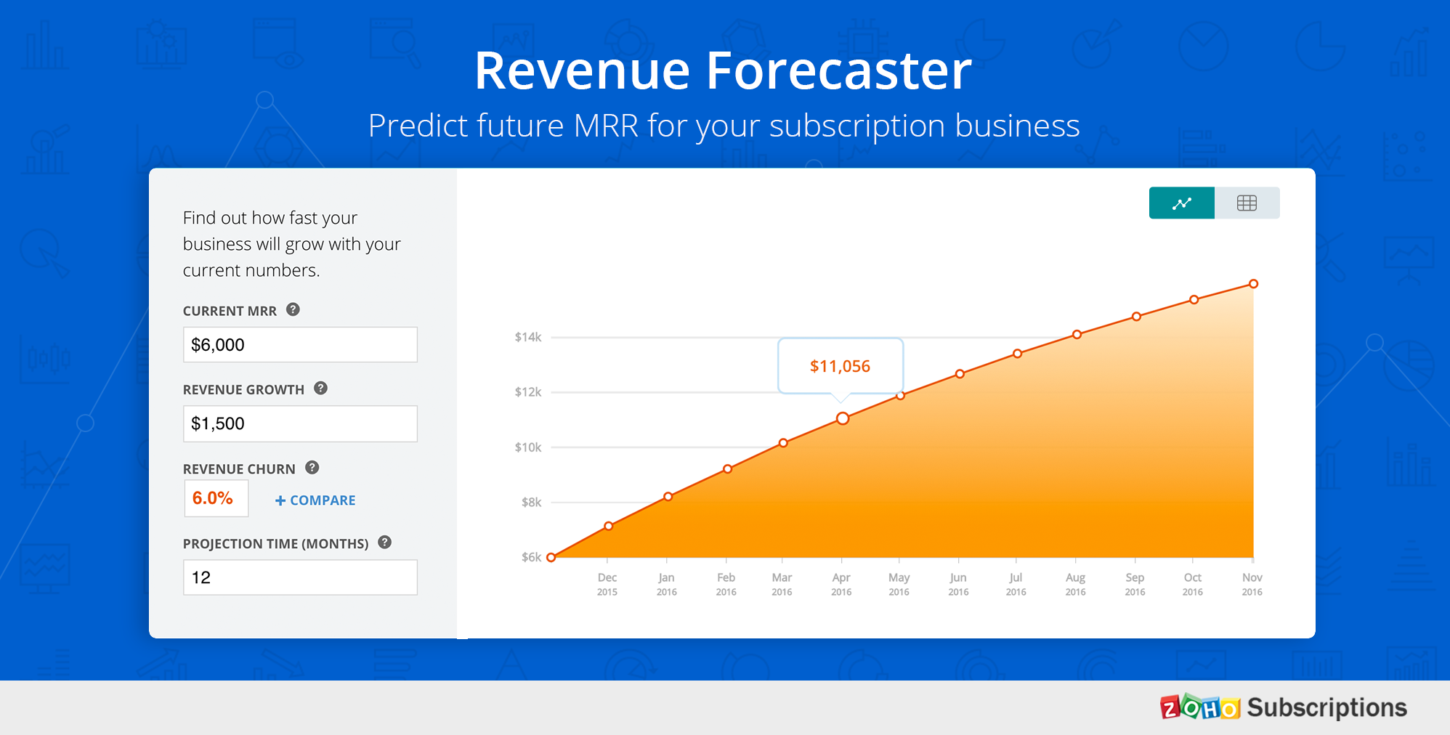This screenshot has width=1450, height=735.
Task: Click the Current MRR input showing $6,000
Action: pos(300,344)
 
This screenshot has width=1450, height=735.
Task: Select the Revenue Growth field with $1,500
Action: pos(300,423)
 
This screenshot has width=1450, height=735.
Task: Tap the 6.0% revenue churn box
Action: pos(216,498)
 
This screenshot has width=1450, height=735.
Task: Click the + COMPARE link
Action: pos(315,500)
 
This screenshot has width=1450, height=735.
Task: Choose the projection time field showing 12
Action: pos(300,577)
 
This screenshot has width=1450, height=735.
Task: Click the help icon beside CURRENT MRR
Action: pos(293,309)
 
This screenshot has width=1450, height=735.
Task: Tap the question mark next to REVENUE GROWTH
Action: pos(320,388)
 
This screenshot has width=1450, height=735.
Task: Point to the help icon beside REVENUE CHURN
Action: pos(312,468)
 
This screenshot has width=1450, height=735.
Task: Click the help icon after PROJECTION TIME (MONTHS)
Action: pos(385,542)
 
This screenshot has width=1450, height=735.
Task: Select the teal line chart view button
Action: pos(1181,203)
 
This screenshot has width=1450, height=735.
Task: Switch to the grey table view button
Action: pos(1247,203)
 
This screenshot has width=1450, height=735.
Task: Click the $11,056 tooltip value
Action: pos(840,366)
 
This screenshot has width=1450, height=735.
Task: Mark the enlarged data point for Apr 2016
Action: pos(843,418)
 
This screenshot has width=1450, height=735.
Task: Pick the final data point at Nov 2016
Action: pos(1253,284)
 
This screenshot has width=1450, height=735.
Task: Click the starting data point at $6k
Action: pos(551,558)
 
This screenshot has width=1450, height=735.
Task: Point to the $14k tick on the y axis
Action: pos(528,337)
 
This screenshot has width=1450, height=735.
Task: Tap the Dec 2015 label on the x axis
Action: pos(607,584)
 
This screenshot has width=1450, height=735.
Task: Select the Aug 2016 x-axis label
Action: pos(1075,584)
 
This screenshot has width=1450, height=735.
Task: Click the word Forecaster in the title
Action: pos(839,71)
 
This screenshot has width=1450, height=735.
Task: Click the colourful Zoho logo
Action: pos(1200,707)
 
